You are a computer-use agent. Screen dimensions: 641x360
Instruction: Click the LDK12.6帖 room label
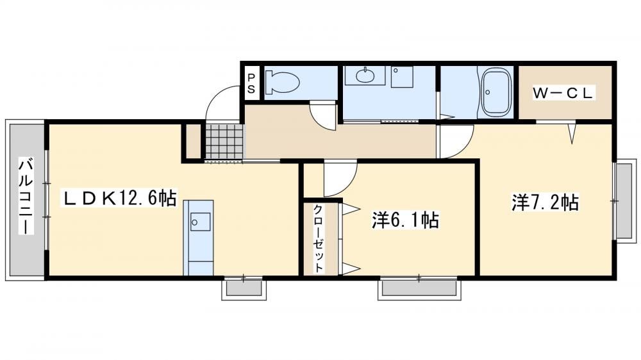tap(119, 199)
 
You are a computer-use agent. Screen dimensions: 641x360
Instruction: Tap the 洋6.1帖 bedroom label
tap(405, 220)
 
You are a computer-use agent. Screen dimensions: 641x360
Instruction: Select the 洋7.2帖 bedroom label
tap(545, 202)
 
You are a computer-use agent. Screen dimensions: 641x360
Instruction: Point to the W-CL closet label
tap(563, 93)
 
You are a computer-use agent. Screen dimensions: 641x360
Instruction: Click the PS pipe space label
tap(251, 83)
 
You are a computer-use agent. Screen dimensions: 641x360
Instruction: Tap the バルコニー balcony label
tap(26, 196)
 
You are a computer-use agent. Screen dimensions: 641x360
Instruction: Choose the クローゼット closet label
tap(319, 238)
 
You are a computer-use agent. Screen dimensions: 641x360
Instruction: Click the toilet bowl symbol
tap(283, 82)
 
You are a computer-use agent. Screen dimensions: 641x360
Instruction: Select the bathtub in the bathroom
tap(496, 92)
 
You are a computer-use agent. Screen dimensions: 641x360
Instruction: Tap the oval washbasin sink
tap(365, 75)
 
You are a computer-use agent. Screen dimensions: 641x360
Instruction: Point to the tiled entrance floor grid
tap(224, 142)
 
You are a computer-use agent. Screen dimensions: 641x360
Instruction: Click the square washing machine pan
tap(402, 77)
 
